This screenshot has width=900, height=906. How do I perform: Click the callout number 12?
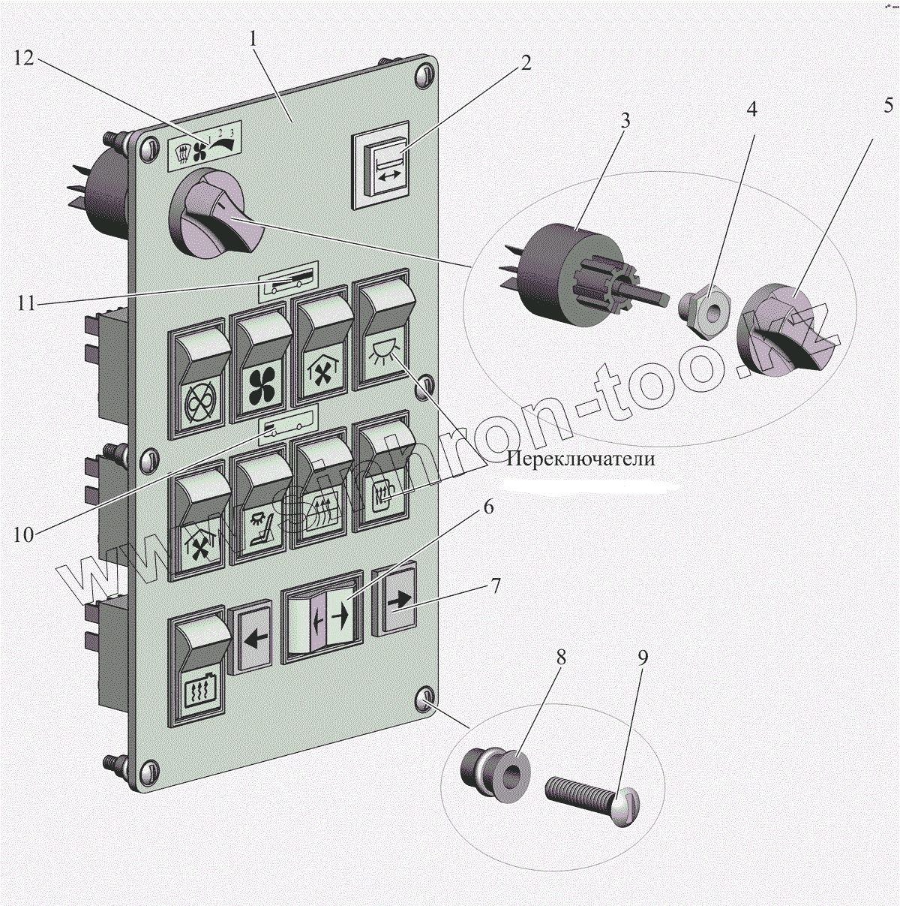[x=25, y=58]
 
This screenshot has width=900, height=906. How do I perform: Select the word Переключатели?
[x=580, y=459]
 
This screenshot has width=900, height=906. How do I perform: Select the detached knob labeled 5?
[x=787, y=330]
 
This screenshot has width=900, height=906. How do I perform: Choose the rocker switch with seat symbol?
[x=262, y=504]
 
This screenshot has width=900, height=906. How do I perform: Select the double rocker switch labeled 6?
[x=322, y=616]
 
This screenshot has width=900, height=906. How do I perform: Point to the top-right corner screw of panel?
[x=424, y=75]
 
